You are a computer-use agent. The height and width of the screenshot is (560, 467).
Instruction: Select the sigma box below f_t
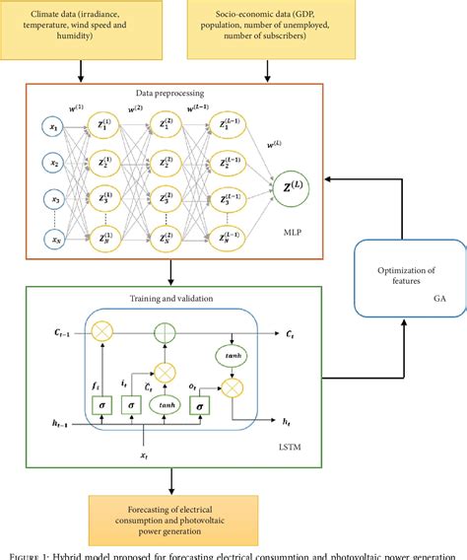[x=97, y=404]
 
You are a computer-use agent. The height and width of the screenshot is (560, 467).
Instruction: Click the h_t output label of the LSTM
[x=286, y=422]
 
